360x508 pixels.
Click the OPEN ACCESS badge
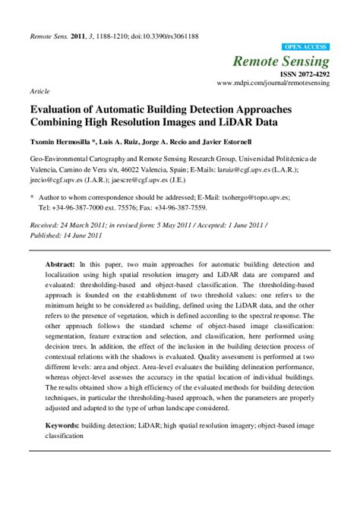point(305,46)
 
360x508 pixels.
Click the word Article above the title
point(38,90)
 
